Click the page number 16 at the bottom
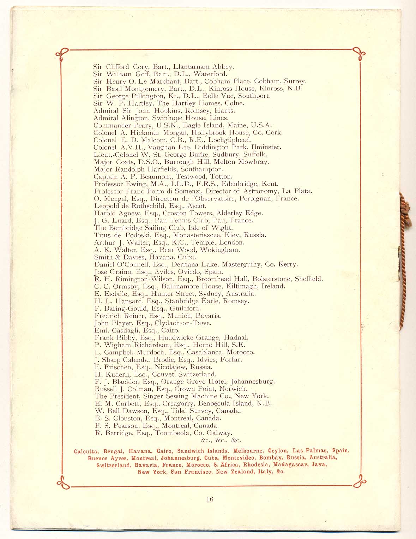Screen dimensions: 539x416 coord(210,499)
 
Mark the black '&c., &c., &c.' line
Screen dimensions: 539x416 coord(221,440)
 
